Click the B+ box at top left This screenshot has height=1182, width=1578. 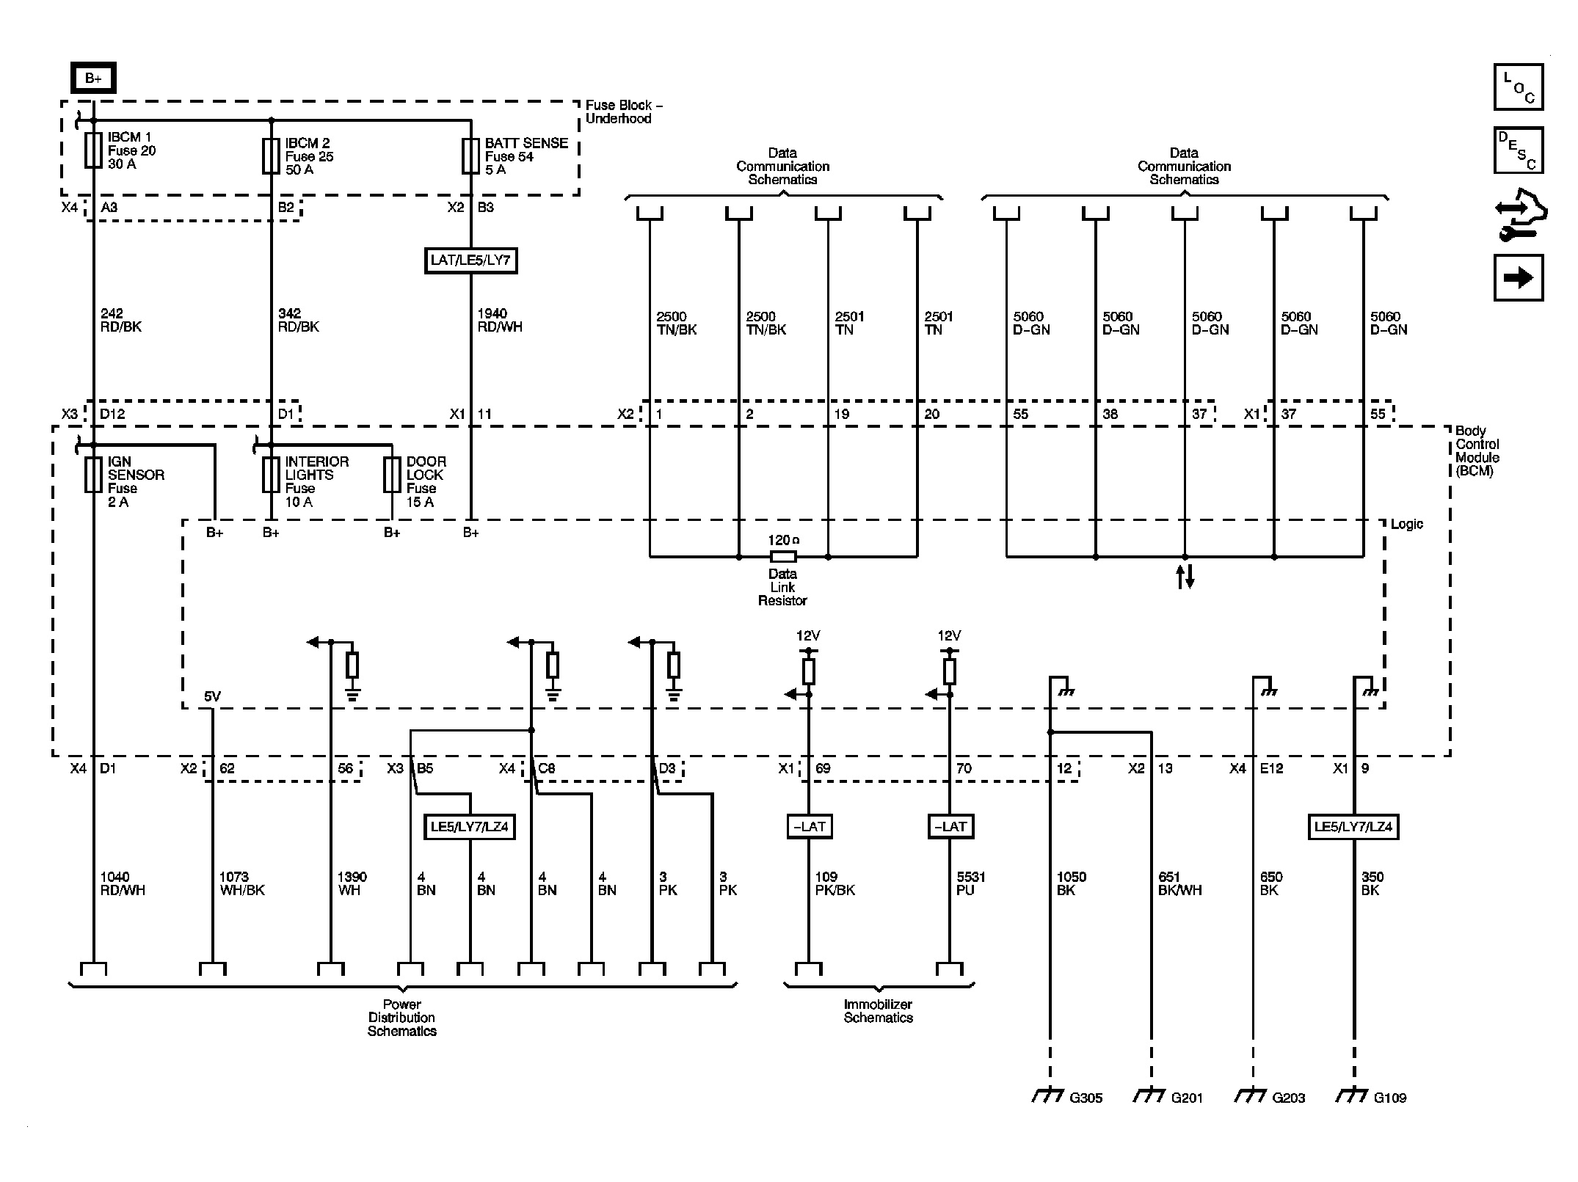(x=93, y=79)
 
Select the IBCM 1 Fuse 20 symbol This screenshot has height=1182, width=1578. (x=93, y=150)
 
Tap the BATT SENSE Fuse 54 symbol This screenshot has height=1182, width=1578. (x=470, y=156)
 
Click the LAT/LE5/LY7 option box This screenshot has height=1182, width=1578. (x=470, y=260)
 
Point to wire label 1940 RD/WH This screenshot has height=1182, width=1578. (x=499, y=321)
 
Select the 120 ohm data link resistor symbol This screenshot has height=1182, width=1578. (x=783, y=556)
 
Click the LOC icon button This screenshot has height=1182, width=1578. (x=1518, y=87)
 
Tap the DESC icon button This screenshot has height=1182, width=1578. (x=1518, y=150)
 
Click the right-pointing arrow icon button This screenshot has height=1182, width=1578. (x=1518, y=278)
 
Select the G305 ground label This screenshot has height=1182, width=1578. (x=1086, y=1098)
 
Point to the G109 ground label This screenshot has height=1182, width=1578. (x=1389, y=1098)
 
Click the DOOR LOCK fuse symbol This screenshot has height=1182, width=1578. (x=392, y=475)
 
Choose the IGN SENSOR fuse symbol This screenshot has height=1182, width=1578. (x=93, y=475)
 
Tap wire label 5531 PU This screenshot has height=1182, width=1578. (x=970, y=883)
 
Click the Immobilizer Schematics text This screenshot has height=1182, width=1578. (x=878, y=1011)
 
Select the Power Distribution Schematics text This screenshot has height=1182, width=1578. (x=401, y=1018)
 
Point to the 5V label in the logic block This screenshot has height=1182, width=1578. (x=211, y=696)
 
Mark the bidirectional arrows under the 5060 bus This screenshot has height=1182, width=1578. (x=1185, y=577)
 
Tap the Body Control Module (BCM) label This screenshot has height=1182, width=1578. (x=1477, y=450)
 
